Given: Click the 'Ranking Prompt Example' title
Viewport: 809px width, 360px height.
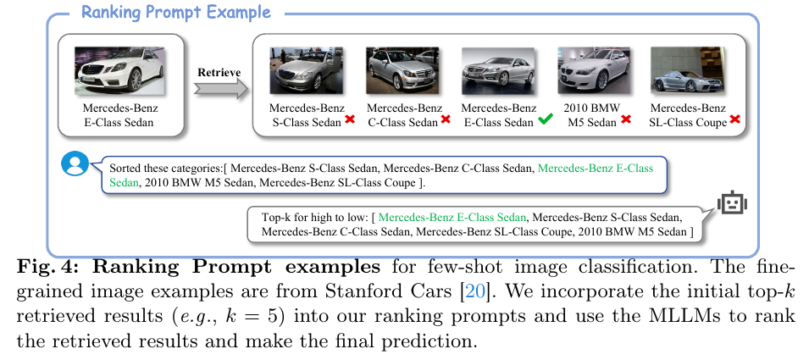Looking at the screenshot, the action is [176, 13].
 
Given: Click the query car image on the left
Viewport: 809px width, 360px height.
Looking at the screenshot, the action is [119, 69].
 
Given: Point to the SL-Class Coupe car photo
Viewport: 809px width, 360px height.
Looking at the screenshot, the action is [684, 69].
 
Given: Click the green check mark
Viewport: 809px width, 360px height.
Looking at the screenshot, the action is [546, 122].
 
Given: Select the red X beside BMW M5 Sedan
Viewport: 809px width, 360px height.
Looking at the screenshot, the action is [626, 121].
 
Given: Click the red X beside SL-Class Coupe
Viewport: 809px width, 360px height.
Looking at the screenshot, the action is [735, 122].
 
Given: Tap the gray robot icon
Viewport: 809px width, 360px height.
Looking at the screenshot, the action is [729, 203].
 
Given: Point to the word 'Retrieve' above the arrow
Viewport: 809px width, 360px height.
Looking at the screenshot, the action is [219, 72].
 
